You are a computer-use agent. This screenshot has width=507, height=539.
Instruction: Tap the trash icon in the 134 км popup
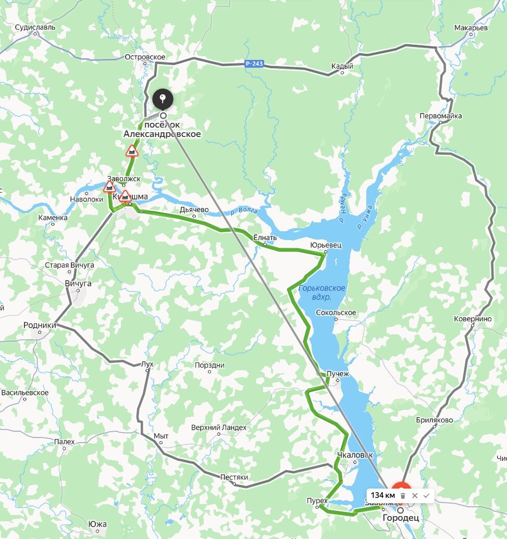(403, 495)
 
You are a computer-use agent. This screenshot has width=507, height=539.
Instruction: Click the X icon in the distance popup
(415, 495)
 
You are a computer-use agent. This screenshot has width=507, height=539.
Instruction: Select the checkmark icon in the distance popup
(426, 495)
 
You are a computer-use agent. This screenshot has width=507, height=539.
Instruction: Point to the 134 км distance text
(382, 495)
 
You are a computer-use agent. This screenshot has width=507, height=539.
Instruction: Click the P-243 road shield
(254, 64)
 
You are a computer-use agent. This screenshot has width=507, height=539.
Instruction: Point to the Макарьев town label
(471, 28)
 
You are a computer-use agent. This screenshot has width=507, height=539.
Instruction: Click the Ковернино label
(473, 319)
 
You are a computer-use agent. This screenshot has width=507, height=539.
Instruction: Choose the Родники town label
(40, 325)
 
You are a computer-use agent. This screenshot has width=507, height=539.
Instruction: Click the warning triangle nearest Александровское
(132, 152)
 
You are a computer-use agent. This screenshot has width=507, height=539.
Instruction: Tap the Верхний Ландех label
(219, 428)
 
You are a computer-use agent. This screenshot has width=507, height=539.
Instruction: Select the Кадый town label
(342, 66)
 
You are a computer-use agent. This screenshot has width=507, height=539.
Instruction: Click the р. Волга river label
(244, 211)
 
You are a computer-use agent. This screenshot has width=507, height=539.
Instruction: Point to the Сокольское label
(336, 312)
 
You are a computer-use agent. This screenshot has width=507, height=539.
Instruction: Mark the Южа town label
(97, 524)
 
